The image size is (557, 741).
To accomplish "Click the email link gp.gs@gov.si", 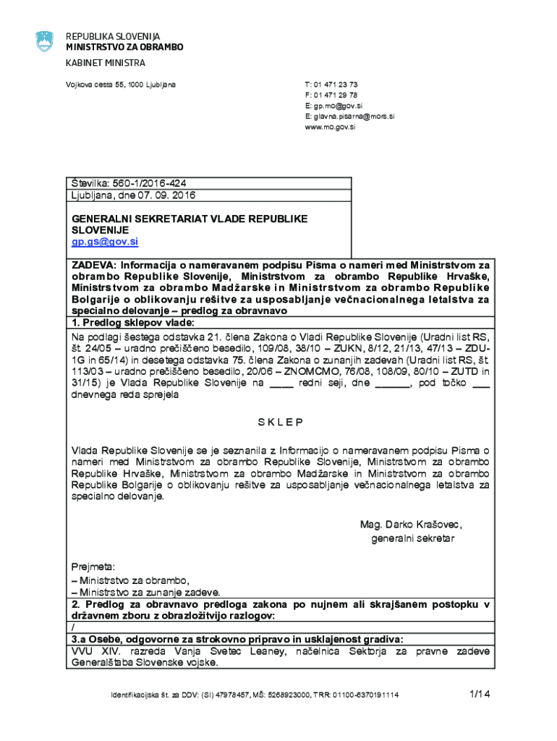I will pyautogui.click(x=104, y=241).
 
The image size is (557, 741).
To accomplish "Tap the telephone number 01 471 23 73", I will pyautogui.click(x=336, y=85).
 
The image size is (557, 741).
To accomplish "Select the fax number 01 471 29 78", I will pyautogui.click(x=336, y=95).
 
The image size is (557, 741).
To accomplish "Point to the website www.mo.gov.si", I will pyautogui.click(x=330, y=127).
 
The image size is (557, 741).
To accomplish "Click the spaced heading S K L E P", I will pyautogui.click(x=280, y=422).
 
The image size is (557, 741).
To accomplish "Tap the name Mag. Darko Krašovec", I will pyautogui.click(x=411, y=525).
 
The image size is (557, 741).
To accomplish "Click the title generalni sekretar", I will pyautogui.click(x=412, y=538).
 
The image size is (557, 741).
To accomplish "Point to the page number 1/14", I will pyautogui.click(x=480, y=694).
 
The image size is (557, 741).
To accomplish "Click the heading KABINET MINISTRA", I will pyautogui.click(x=106, y=63).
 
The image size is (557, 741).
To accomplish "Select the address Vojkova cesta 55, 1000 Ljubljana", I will pyautogui.click(x=121, y=85).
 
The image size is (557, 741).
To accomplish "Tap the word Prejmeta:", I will pyautogui.click(x=93, y=567).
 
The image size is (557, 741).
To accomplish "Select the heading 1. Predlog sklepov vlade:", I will pyautogui.click(x=132, y=322).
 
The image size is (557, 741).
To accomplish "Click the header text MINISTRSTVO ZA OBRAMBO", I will pyautogui.click(x=124, y=47).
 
